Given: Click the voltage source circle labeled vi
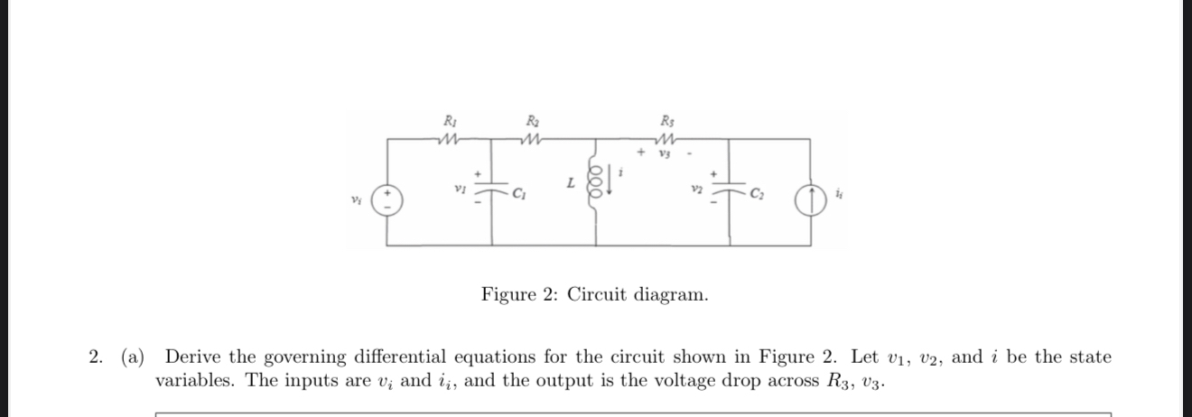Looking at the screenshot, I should (388, 198).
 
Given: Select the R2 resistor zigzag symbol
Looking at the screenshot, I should (532, 139).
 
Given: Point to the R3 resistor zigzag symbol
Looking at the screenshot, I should (666, 139).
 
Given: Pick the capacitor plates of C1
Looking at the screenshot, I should (491, 192).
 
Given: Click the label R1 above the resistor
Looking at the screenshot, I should (449, 120).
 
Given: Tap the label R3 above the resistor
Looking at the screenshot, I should (666, 120).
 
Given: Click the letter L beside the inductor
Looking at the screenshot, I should (571, 183).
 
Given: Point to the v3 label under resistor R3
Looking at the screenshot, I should (666, 153).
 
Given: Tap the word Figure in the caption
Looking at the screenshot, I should (510, 295).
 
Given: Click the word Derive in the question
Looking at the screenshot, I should (192, 357).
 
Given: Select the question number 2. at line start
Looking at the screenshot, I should (97, 357).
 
